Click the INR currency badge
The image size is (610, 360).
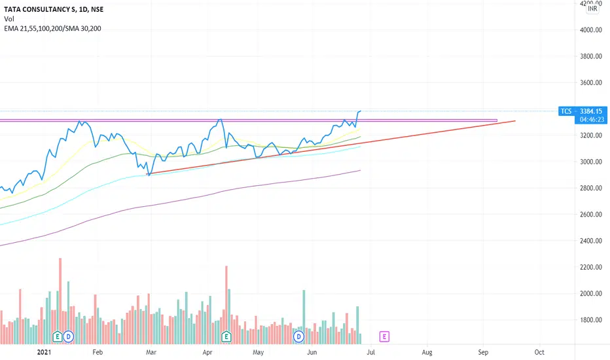click(x=592, y=9)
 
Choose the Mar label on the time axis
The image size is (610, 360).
click(x=151, y=352)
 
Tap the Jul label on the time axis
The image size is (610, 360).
click(x=371, y=352)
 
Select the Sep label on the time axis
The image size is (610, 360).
click(x=483, y=352)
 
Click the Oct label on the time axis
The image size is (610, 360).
click(x=539, y=352)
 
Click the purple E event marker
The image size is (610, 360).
click(x=384, y=336)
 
